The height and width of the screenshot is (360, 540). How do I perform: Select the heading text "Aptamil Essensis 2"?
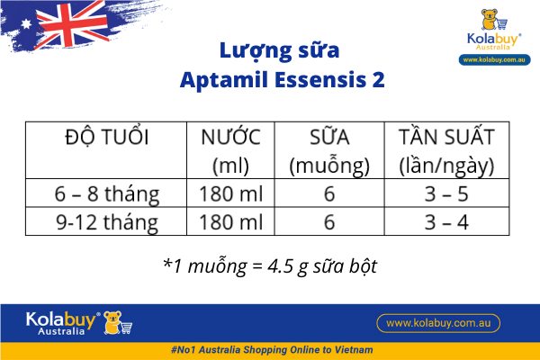(x=270, y=79)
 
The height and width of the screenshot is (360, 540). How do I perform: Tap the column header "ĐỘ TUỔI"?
(x=106, y=138)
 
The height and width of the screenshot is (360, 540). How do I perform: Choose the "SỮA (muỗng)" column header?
(x=329, y=151)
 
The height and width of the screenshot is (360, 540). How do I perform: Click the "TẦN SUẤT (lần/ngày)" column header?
(x=446, y=151)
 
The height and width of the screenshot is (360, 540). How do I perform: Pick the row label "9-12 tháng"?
(x=106, y=221)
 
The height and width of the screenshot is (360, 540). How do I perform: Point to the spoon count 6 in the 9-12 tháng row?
(x=329, y=221)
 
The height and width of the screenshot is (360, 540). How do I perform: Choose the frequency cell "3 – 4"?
(x=446, y=221)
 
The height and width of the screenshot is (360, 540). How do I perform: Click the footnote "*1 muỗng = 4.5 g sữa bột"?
(x=270, y=265)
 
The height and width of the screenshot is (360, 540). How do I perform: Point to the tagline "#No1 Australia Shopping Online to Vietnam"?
(x=270, y=349)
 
